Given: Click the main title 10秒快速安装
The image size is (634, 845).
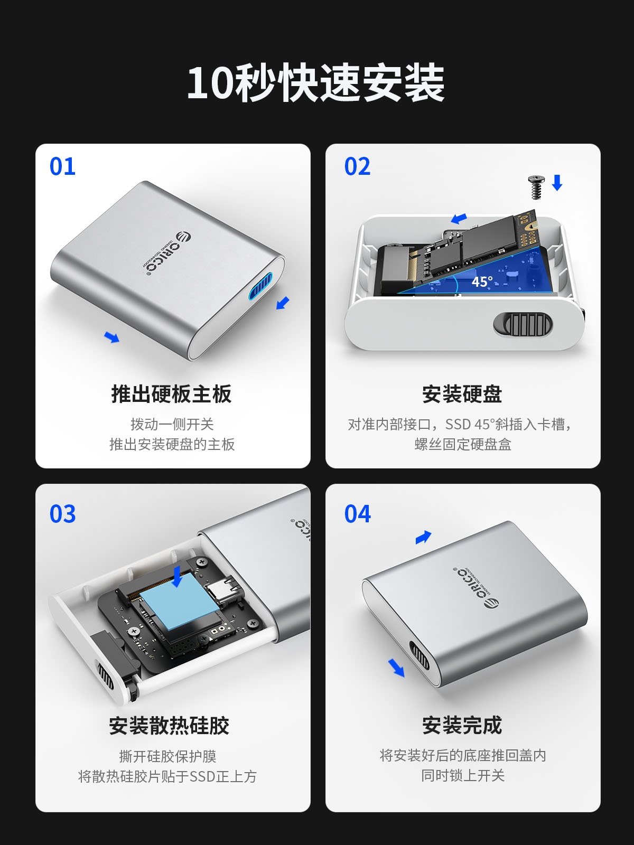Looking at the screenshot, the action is [315, 83].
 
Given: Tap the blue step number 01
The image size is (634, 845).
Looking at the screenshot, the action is [62, 166].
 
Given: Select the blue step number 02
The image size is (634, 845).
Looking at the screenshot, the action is [357, 166].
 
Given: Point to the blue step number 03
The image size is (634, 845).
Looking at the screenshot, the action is [62, 514].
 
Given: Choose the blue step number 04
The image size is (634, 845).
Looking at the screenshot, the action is [358, 514].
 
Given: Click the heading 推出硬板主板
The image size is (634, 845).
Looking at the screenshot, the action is [172, 393].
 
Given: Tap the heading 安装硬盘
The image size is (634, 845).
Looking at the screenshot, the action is [462, 393].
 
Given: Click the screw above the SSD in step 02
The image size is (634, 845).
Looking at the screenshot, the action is [537, 187].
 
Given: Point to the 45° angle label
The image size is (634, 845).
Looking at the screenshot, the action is [482, 282].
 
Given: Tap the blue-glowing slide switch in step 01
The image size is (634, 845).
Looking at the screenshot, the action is [260, 285].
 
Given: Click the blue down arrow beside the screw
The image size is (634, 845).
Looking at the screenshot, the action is [557, 183].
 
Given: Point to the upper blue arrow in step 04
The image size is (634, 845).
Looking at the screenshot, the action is [423, 537].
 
